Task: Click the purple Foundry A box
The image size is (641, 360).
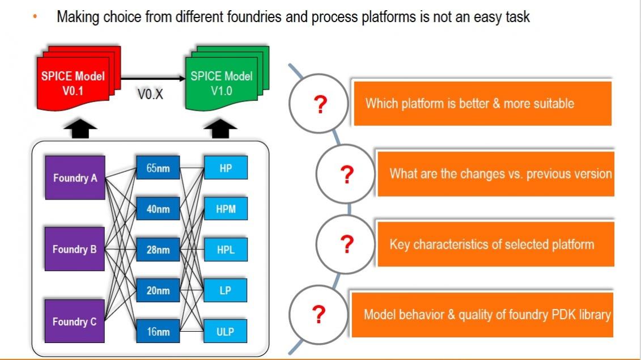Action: pos(75,177)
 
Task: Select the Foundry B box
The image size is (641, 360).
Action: pos(75,249)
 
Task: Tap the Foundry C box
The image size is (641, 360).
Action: pos(74,321)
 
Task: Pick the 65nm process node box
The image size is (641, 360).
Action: pos(158,168)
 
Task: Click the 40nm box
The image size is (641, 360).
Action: pos(158,209)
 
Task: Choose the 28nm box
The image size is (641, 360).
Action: pos(158,249)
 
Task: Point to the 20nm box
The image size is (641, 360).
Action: pos(158,290)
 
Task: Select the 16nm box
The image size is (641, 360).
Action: pos(158,331)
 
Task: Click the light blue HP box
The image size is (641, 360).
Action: pos(226,168)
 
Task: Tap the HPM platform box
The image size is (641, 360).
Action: pos(226,209)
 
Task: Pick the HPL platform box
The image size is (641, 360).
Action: pos(226,249)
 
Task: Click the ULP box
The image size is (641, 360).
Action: pos(225,331)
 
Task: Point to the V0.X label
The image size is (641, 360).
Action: pos(150,95)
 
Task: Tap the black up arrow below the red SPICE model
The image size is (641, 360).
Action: pos(80,129)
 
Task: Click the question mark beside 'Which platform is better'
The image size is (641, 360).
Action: pos(321,104)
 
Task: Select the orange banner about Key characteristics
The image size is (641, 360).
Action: pos(495,244)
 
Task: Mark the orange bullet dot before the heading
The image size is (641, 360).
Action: pos(35,16)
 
